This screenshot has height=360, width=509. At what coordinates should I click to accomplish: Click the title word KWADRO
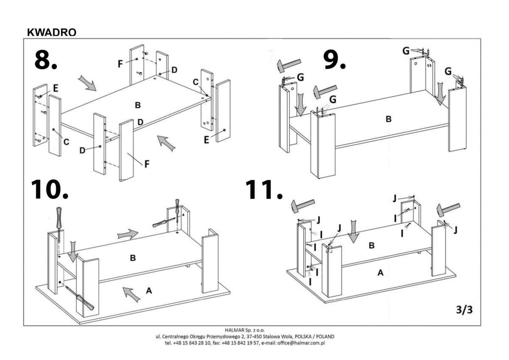click(x=51, y=33)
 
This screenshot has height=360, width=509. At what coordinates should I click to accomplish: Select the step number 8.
click(x=45, y=60)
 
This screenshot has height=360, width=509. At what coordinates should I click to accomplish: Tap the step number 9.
click(x=335, y=60)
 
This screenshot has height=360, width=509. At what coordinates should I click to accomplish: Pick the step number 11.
click(x=264, y=190)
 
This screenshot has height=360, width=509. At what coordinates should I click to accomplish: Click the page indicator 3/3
click(x=464, y=310)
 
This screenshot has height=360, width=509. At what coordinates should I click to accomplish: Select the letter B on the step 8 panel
click(x=137, y=105)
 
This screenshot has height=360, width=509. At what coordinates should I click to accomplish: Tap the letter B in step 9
click(x=388, y=120)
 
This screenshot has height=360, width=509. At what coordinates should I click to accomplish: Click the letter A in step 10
click(x=148, y=290)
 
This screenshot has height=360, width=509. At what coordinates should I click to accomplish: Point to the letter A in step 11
click(x=380, y=273)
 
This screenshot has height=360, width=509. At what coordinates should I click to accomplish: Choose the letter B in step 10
click(x=133, y=257)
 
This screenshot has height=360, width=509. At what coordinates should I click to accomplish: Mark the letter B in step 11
click(x=372, y=246)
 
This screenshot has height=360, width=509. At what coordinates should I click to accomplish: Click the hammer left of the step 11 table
click(x=302, y=206)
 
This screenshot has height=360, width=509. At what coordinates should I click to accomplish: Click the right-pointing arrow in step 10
click(x=128, y=234)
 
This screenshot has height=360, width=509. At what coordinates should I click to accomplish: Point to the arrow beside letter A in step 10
click(x=132, y=293)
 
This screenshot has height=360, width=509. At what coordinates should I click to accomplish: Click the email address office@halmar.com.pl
click(x=300, y=343)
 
